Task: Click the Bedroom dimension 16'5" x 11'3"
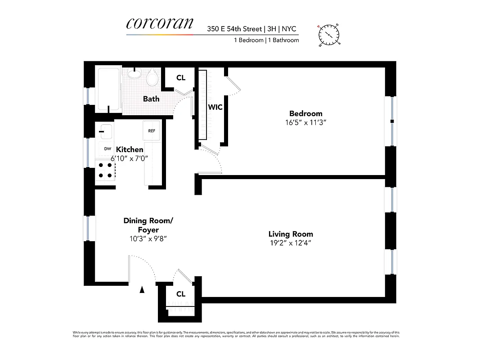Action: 305,122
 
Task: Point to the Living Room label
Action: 291,234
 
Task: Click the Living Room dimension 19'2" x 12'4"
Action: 291,243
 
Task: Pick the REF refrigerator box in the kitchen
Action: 152,131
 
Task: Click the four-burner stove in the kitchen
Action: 105,171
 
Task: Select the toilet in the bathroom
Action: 152,78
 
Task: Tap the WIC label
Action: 215,108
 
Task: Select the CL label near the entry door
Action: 181,294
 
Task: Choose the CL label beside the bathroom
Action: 181,78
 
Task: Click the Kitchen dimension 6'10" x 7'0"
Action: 130,158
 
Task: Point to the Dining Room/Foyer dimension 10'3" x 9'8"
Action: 148,239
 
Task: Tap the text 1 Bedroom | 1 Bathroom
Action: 266,40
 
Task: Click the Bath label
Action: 151,99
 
